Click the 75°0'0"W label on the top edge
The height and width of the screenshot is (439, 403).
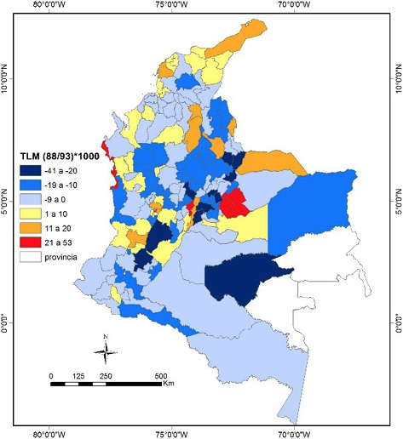coord(175,7)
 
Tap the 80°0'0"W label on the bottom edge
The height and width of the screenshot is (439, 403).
coord(54,432)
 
